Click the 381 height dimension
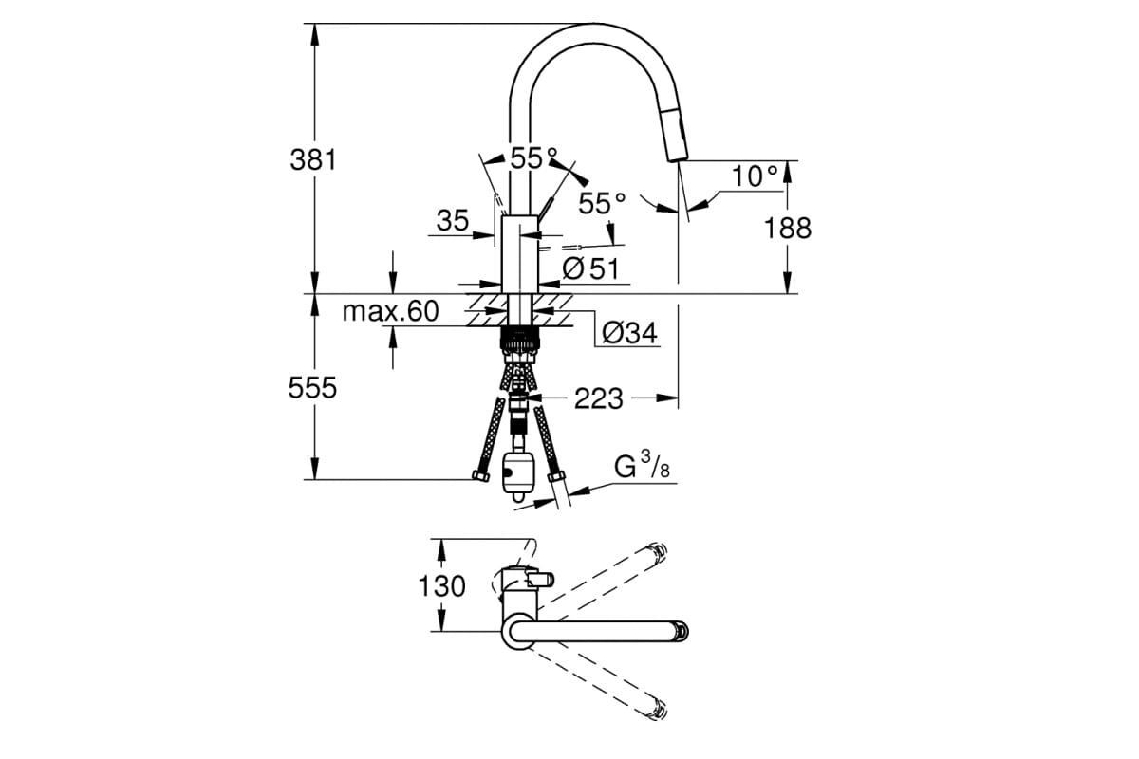[313, 158]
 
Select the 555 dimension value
[313, 388]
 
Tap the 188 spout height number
[788, 228]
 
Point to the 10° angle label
[755, 176]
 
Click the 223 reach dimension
[598, 399]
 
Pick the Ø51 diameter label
[589, 269]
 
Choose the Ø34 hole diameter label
[629, 333]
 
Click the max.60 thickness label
[390, 311]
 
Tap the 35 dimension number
[453, 221]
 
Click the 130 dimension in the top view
[442, 586]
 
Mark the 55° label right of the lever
[603, 202]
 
